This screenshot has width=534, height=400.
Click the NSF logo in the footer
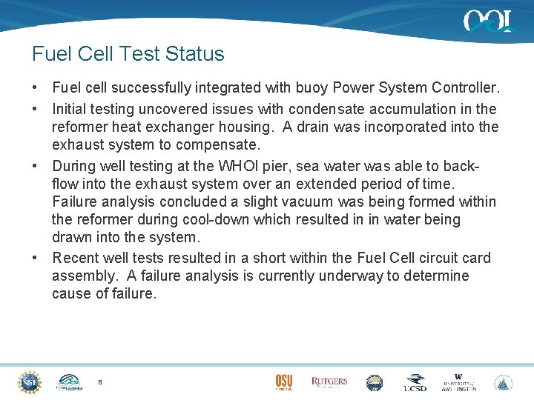(x=30, y=382)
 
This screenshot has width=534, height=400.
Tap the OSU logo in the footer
(x=283, y=382)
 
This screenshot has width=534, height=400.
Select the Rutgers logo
(x=329, y=382)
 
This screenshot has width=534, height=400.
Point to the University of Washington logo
(x=458, y=382)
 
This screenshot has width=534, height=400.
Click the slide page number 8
(x=100, y=382)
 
